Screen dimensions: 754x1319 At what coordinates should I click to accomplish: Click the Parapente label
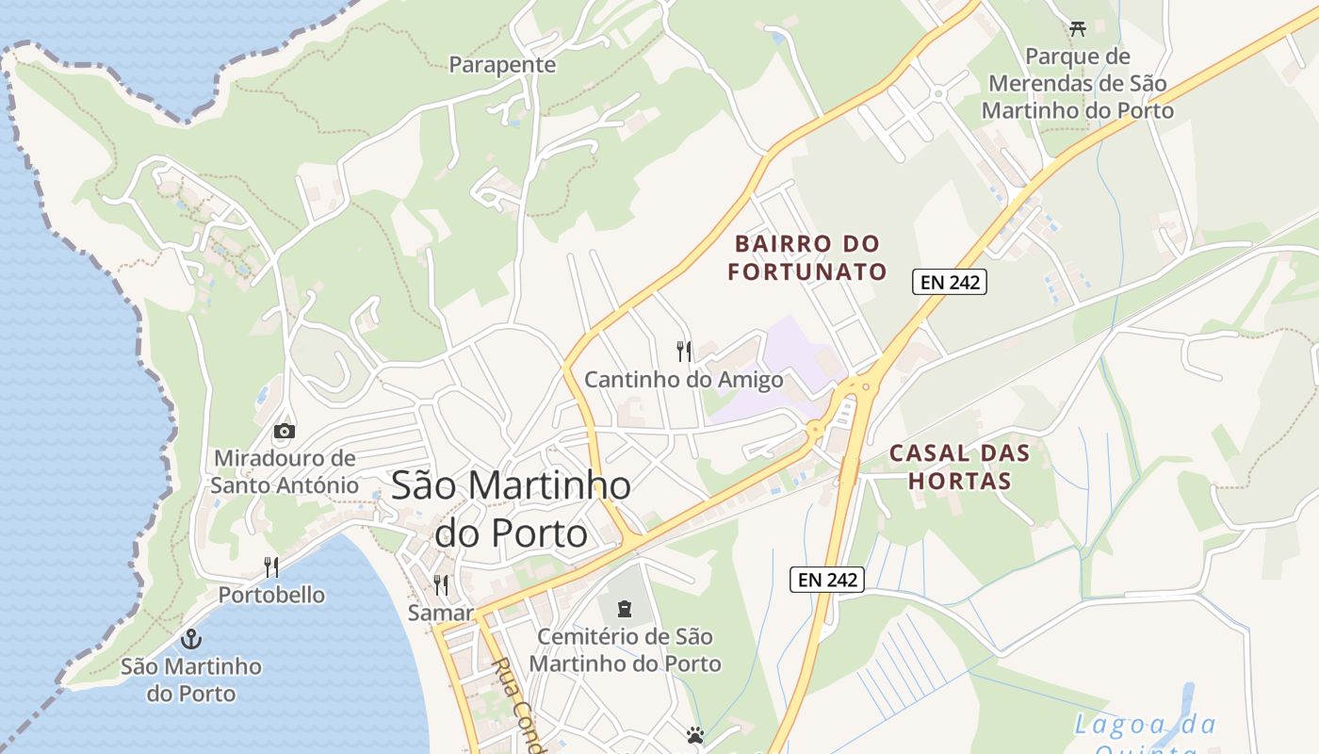(502, 65)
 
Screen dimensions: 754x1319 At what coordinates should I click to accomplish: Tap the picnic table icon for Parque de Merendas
(1078, 29)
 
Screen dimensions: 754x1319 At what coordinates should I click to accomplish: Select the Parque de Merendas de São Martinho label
(1077, 84)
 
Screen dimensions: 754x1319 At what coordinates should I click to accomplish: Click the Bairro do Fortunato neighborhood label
(807, 258)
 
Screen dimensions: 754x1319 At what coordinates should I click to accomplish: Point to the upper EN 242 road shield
(949, 282)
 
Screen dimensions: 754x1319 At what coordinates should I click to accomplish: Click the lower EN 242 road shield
(826, 580)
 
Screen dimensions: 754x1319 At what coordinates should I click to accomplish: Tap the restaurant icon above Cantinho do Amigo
(684, 352)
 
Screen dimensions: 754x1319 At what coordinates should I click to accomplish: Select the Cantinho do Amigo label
(684, 380)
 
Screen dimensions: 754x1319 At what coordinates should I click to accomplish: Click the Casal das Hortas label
(959, 467)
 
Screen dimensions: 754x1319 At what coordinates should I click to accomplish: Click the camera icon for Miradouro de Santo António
(284, 432)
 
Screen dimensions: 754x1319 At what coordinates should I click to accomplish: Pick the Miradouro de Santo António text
(285, 472)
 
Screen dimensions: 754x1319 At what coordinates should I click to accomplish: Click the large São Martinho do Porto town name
(511, 509)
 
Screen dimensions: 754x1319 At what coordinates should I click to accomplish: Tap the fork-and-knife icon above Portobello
(271, 566)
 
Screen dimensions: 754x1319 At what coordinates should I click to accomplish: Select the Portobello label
(271, 595)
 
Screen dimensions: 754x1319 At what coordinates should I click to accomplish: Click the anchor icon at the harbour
(191, 639)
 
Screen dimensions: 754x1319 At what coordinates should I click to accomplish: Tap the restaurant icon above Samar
(440, 584)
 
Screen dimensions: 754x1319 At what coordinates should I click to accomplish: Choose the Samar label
(440, 613)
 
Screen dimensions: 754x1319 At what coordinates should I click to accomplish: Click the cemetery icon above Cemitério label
(625, 609)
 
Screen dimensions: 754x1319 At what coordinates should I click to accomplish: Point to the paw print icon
(695, 735)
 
